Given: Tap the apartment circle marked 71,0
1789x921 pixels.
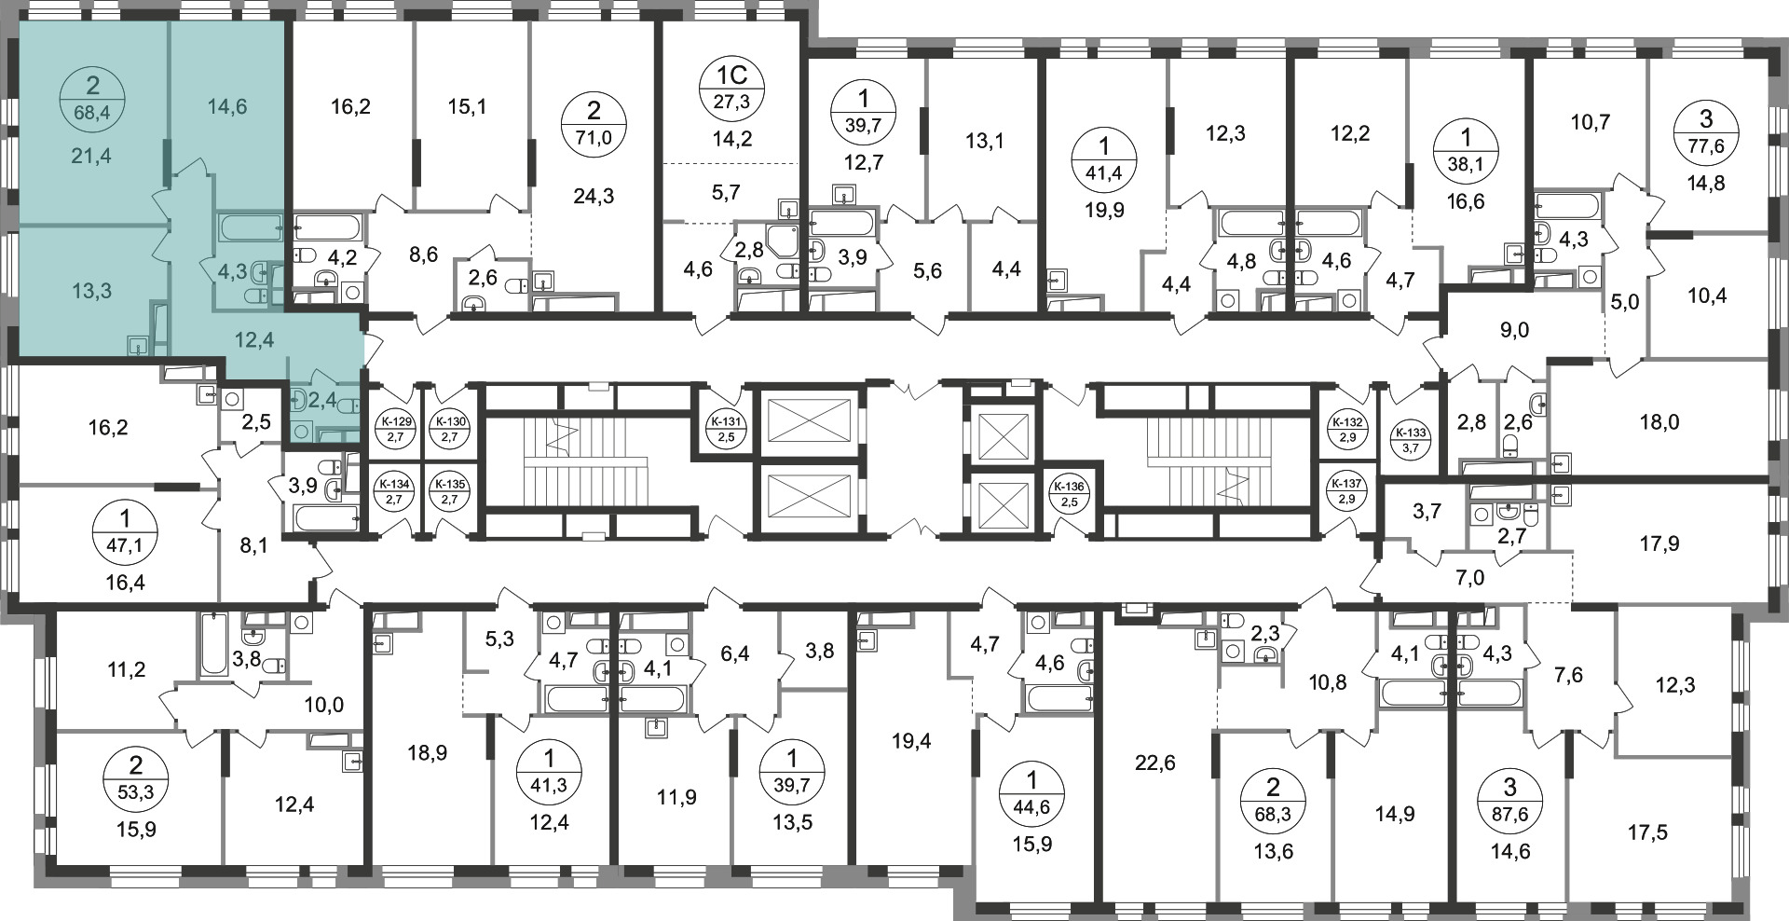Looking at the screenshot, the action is pos(594,123).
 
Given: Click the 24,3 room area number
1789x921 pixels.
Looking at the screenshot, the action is pos(594,197).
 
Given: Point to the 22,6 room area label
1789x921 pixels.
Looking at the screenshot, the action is pos(1155,763).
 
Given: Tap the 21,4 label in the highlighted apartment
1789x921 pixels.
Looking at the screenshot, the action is pos(90,156).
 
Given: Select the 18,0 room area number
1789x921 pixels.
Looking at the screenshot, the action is pos(1659,422).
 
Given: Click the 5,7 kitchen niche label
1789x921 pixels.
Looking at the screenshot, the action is pos(725,192).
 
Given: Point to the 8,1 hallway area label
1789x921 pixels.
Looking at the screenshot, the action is pos(253,545).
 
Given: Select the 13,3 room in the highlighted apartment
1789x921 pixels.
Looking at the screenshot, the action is pos(91,290).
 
